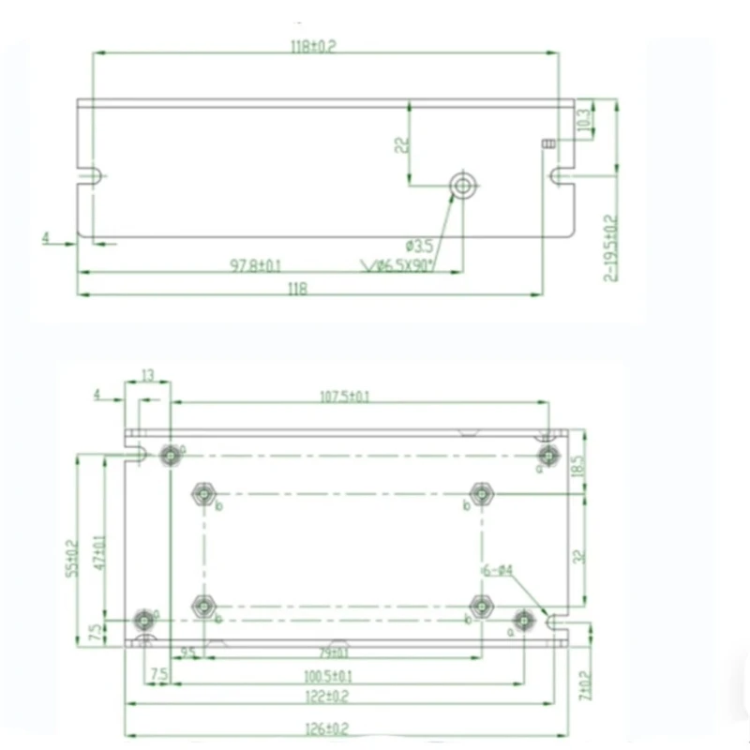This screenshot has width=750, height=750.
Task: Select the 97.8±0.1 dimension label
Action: coord(257,265)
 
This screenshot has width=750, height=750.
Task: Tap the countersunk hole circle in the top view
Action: coord(462,186)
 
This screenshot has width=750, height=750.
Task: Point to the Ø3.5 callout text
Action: coord(421,247)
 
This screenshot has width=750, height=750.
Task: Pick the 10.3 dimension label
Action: coord(583,119)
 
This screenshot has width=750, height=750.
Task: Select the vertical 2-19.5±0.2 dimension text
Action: coord(610,247)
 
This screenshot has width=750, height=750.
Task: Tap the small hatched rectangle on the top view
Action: coord(549,143)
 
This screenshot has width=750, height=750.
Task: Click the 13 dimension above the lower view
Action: coord(148,374)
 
